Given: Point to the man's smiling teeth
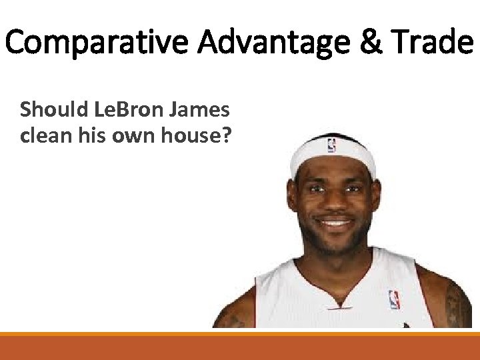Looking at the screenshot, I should pos(335,223).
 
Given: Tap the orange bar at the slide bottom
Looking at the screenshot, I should pos(240,346).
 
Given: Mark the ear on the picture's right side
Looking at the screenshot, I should pos(379,200).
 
